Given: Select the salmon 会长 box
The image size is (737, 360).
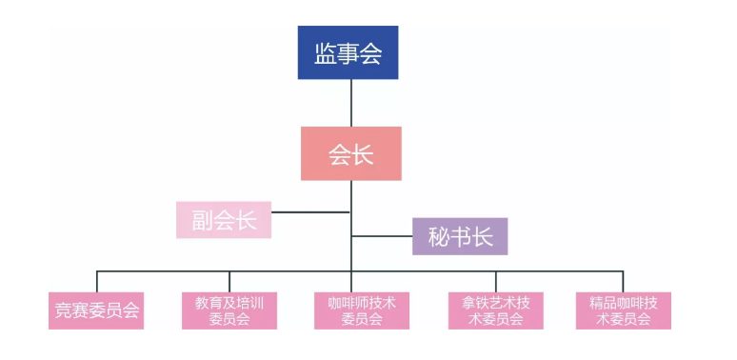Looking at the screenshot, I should click(x=351, y=154).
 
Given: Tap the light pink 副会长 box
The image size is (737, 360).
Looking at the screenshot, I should click(x=224, y=220).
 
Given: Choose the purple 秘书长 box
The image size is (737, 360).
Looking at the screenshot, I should click(x=460, y=236).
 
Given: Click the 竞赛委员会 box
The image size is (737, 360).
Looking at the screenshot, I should click(x=96, y=310).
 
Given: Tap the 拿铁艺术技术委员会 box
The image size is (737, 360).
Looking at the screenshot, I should click(x=495, y=310).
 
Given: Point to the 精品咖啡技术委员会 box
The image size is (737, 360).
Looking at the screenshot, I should click(x=624, y=310).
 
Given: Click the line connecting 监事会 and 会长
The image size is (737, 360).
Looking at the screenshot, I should click(x=351, y=103).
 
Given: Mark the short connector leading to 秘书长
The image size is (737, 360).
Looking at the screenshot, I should click(x=382, y=235).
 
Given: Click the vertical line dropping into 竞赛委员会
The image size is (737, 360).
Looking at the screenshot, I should click(x=96, y=282).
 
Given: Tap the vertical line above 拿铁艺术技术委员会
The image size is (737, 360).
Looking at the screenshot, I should click(x=495, y=282).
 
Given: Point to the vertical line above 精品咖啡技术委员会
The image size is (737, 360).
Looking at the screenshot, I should click(x=624, y=282).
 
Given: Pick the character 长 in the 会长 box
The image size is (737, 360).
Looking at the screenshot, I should click(x=364, y=154).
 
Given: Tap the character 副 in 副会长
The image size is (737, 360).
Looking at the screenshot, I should click(x=201, y=220).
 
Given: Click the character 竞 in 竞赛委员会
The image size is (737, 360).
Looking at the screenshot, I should click(x=62, y=310).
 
